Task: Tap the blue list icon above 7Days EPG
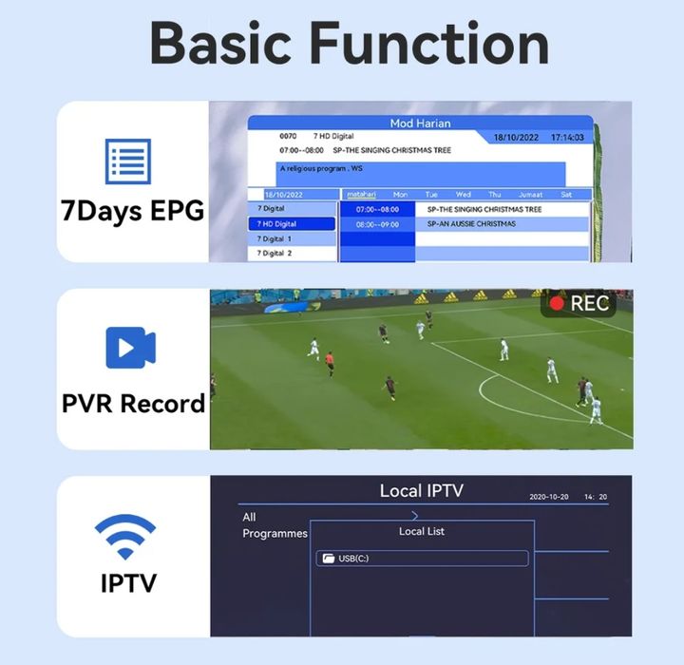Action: pyautogui.click(x=127, y=161)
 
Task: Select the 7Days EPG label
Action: pyautogui.click(x=133, y=210)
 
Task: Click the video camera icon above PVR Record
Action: pyautogui.click(x=131, y=348)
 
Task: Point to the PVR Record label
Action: pyautogui.click(x=133, y=403)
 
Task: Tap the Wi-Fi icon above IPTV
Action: pyautogui.click(x=125, y=537)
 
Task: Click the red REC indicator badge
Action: pyautogui.click(x=579, y=303)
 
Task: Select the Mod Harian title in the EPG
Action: pyautogui.click(x=420, y=123)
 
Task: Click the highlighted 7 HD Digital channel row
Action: pyautogui.click(x=293, y=224)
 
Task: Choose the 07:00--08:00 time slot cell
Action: pyautogui.click(x=378, y=209)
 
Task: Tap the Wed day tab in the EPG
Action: pyautogui.click(x=463, y=195)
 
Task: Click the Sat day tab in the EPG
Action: pyautogui.click(x=566, y=195)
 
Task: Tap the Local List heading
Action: pyautogui.click(x=422, y=531)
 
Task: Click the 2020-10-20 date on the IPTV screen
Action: pyautogui.click(x=550, y=498)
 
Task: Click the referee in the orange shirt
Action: pyautogui.click(x=330, y=363)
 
